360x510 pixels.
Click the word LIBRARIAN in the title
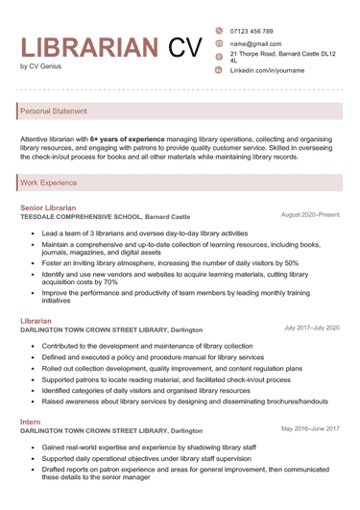coord(90,47)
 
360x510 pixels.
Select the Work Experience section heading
coord(49,182)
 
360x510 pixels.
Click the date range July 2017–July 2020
coord(311,328)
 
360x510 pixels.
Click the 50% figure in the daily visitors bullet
coord(292,263)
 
